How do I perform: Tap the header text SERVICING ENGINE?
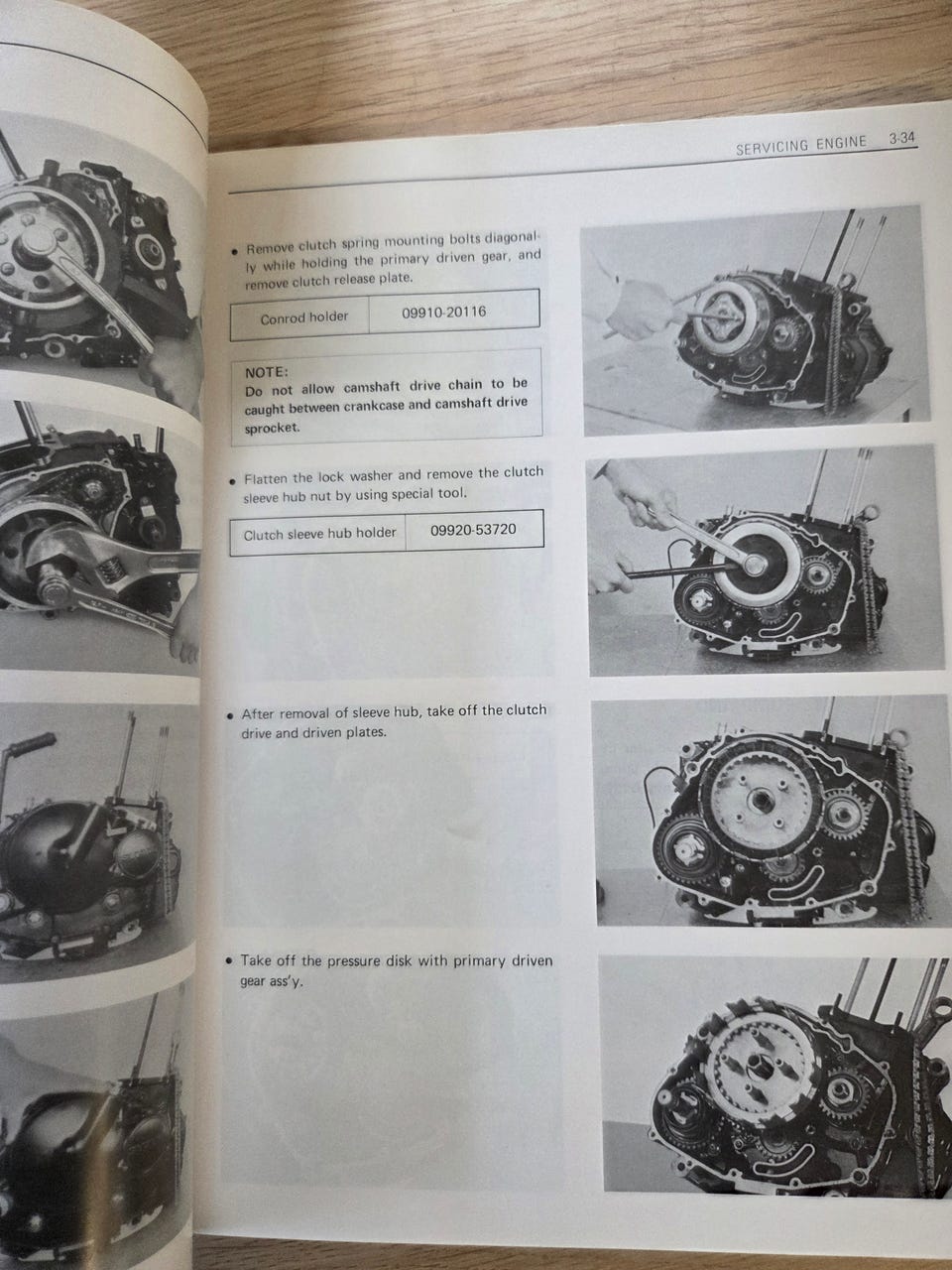pyautogui.click(x=801, y=145)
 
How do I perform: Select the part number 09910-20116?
pyautogui.click(x=444, y=313)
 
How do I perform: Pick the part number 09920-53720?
pyautogui.click(x=473, y=530)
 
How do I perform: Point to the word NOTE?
pyautogui.click(x=267, y=372)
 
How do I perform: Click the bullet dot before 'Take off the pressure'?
pyautogui.click(x=229, y=961)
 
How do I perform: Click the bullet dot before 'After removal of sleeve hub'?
pyautogui.click(x=232, y=715)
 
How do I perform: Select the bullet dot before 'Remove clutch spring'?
pyautogui.click(x=233, y=252)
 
